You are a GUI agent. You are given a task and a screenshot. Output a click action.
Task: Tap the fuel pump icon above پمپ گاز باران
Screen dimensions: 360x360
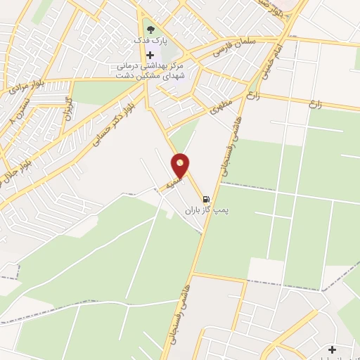pyautogui.click(x=205, y=199)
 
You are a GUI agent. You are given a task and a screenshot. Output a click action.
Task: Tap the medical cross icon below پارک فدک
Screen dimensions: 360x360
pyautogui.click(x=149, y=55)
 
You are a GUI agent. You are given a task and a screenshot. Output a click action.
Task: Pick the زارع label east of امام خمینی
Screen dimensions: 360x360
pyautogui.click(x=314, y=103)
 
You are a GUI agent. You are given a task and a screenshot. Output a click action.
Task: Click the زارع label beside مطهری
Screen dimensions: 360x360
pyautogui.click(x=253, y=95)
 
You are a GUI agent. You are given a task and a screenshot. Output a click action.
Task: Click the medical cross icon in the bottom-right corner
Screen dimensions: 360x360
pyautogui.click(x=331, y=349)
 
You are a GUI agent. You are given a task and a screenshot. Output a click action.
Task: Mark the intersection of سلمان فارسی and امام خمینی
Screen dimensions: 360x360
pyautogui.click(x=287, y=36)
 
